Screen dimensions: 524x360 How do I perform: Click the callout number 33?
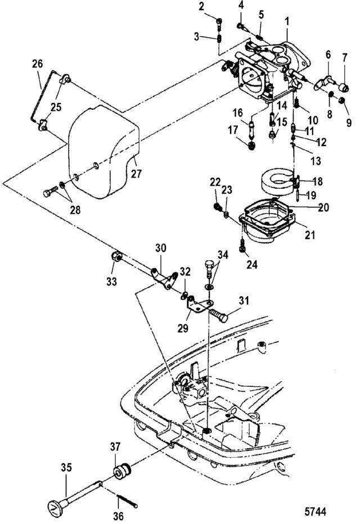(112, 281)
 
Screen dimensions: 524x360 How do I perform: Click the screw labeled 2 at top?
(219, 22)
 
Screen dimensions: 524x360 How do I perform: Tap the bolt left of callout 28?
(48, 192)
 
